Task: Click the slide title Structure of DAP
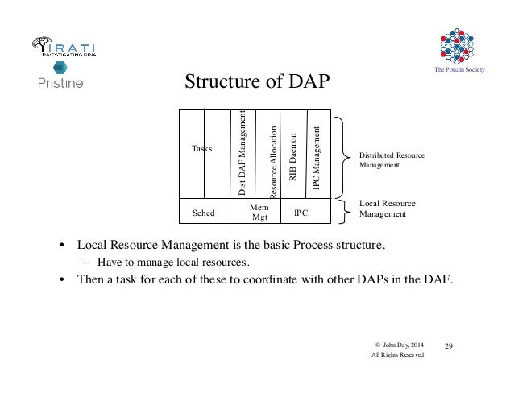[x=258, y=82]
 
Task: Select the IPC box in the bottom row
[x=301, y=213]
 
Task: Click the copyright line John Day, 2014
[x=398, y=345]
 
